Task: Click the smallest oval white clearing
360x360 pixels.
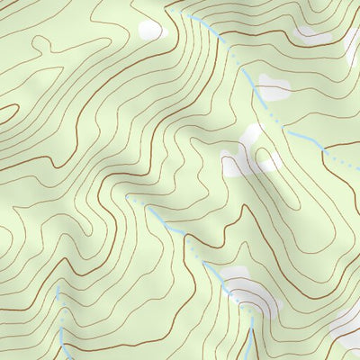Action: (150, 30)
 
